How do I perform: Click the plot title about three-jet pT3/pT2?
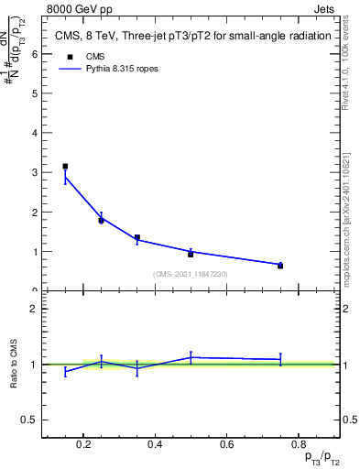click(x=191, y=36)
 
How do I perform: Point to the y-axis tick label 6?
click(x=34, y=54)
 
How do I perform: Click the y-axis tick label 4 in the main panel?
click(x=34, y=133)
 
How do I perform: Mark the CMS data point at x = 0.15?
click(x=65, y=167)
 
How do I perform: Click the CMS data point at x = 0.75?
click(x=280, y=266)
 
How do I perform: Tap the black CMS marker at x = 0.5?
click(x=191, y=254)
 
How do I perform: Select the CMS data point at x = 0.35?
click(x=137, y=238)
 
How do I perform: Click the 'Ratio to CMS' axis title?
click(x=15, y=364)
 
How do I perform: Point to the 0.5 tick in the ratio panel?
click(x=29, y=420)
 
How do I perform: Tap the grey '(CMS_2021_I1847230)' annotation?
click(x=191, y=274)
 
